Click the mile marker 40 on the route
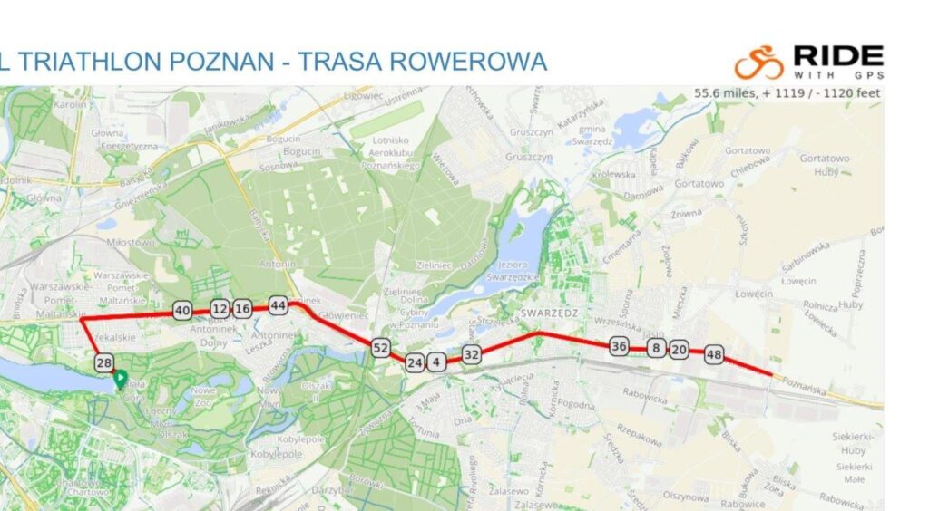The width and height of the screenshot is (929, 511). tap(181, 311)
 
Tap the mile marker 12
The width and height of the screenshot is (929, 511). tap(220, 309)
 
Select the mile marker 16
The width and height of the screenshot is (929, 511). tap(242, 309)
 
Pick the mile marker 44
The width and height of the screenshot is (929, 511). tap(279, 306)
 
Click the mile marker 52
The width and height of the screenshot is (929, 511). tap(380, 348)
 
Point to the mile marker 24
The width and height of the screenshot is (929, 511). tap(415, 363)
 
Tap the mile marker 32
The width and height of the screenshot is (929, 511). tap(471, 354)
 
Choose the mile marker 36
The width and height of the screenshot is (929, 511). tap(619, 346)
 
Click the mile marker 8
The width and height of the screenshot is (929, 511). tap(656, 349)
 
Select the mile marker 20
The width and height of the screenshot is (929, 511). tap(679, 350)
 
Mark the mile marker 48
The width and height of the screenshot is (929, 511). tap(713, 355)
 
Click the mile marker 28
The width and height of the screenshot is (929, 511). tap(103, 363)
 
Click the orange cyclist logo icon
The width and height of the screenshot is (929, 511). tap(758, 62)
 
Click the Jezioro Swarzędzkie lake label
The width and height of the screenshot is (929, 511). tap(513, 272)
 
